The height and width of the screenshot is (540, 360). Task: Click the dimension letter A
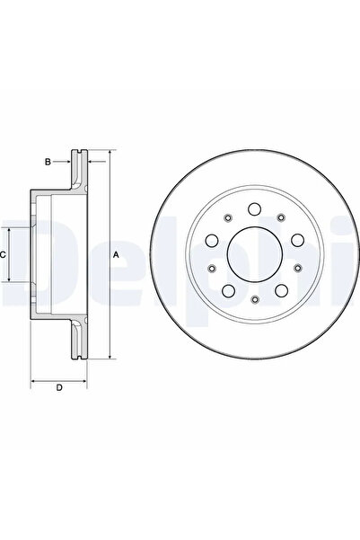click(x=117, y=255)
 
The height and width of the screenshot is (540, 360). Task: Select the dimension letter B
click(x=48, y=162)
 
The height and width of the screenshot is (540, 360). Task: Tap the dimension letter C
click(x=3, y=255)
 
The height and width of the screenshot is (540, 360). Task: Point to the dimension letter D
click(x=59, y=388)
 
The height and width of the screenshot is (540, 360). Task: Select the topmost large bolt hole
click(x=255, y=209)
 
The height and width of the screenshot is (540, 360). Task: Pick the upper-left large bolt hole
click(x=212, y=240)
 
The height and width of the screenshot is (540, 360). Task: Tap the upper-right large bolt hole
click(x=298, y=240)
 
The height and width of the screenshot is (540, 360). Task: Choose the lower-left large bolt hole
click(x=228, y=291)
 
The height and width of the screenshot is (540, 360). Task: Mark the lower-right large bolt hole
click(x=282, y=291)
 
